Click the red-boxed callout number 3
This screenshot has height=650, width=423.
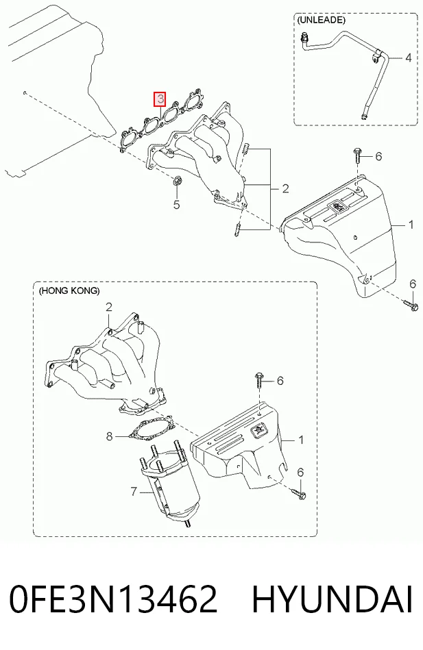click(160, 99)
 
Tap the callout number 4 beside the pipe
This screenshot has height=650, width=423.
click(408, 58)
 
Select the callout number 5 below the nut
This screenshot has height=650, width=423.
click(176, 204)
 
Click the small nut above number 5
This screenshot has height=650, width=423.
click(177, 181)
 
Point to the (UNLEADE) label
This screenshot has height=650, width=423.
click(321, 20)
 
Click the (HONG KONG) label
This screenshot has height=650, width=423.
click(69, 291)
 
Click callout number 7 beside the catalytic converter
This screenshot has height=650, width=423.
click(134, 492)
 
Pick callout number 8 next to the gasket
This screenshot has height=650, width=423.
click(109, 436)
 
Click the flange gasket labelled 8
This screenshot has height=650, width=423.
click(152, 429)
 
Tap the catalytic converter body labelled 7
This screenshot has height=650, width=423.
click(169, 485)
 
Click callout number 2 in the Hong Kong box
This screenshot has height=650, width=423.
click(109, 307)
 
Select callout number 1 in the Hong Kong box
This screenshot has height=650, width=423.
click(301, 440)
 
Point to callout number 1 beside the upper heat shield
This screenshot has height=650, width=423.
click(411, 225)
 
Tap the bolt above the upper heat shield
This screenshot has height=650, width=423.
click(357, 156)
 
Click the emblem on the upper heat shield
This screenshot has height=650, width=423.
click(337, 206)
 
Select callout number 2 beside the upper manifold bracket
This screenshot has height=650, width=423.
click(285, 188)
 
